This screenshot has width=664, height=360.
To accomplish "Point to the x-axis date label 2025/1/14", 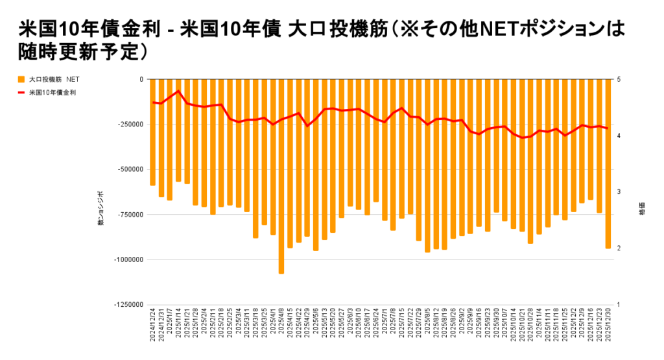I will tap(178, 328).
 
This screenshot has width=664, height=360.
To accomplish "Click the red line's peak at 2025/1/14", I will tap(178, 91).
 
